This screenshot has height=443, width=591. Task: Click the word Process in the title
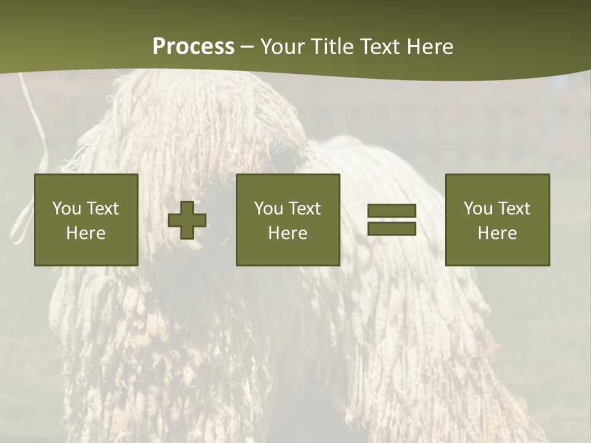(193, 47)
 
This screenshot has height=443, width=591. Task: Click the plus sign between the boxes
(187, 220)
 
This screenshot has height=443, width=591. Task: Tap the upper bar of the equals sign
(392, 211)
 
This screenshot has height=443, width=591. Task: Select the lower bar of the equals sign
(392, 229)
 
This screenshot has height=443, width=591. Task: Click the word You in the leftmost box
(66, 209)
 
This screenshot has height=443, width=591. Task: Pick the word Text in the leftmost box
(102, 209)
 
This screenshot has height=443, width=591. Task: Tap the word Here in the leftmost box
(86, 233)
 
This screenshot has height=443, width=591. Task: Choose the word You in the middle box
(268, 209)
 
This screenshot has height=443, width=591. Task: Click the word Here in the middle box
(287, 233)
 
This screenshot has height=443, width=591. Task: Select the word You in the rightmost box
(478, 209)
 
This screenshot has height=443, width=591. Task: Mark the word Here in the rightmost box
(497, 233)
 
